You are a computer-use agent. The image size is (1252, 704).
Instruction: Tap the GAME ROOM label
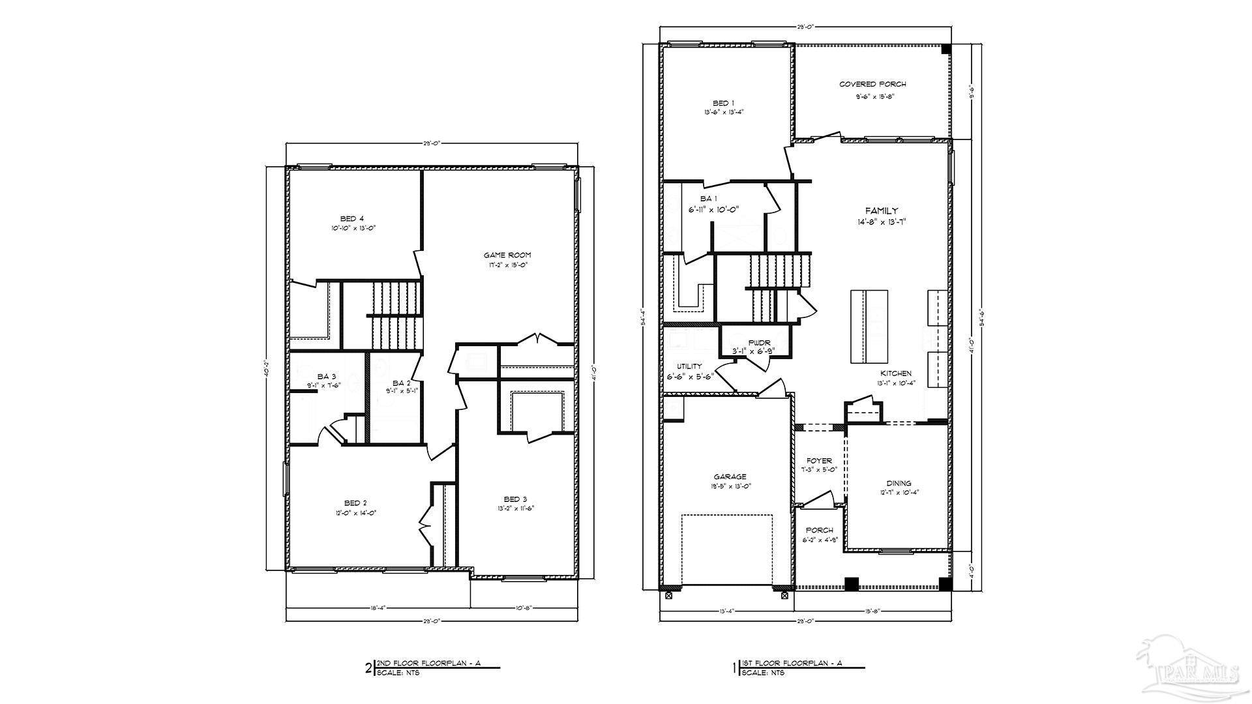coord(507,255)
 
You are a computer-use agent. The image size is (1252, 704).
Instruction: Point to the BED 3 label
coord(514,499)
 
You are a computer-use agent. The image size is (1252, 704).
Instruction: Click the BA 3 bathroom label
coord(327,376)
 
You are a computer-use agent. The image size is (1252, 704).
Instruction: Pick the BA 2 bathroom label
coord(401,383)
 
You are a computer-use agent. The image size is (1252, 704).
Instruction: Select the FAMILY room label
coord(881,211)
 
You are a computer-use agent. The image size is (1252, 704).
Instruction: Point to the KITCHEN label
coord(895,374)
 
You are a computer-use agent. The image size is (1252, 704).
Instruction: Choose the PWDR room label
coord(759,342)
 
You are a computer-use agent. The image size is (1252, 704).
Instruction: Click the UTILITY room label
coord(689,366)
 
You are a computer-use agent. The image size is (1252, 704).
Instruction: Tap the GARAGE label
coord(730,477)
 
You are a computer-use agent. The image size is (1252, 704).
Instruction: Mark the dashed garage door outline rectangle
coord(727,551)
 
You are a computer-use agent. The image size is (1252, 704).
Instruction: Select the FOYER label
coord(819,461)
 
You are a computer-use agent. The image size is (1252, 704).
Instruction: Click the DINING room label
coord(899,483)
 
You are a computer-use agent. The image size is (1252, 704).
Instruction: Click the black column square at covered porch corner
coord(946,49)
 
